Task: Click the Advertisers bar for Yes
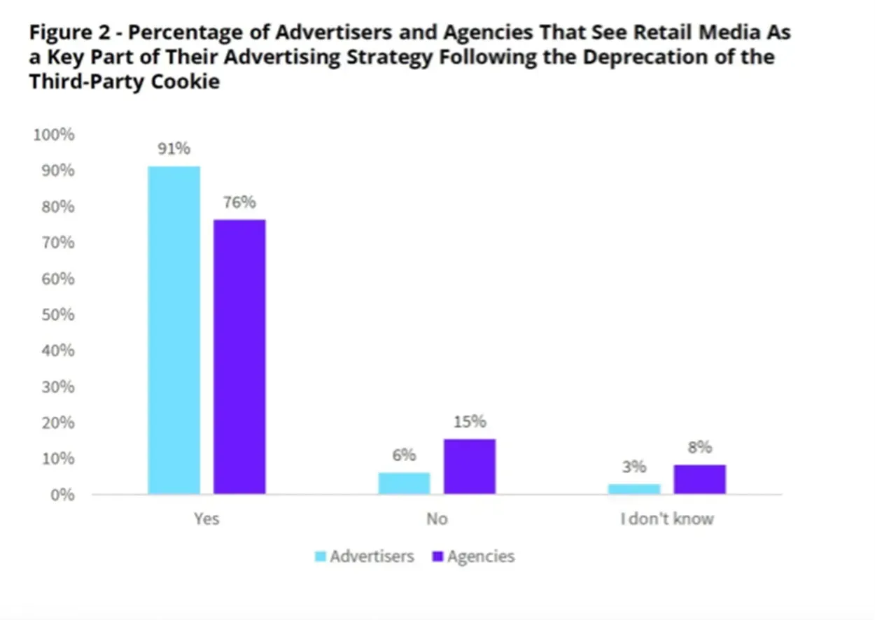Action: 174,330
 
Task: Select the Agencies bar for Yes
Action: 239,357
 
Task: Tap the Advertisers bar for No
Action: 404,484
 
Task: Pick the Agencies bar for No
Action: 470,467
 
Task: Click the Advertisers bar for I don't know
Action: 634,488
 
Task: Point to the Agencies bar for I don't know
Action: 700,479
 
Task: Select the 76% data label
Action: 239,203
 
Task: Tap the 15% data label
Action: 470,422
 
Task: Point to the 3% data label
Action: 634,467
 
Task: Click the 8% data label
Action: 700,448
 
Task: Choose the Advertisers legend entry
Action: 364,557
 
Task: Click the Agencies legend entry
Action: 473,557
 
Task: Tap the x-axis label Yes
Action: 206,519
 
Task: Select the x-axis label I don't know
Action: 666,519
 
